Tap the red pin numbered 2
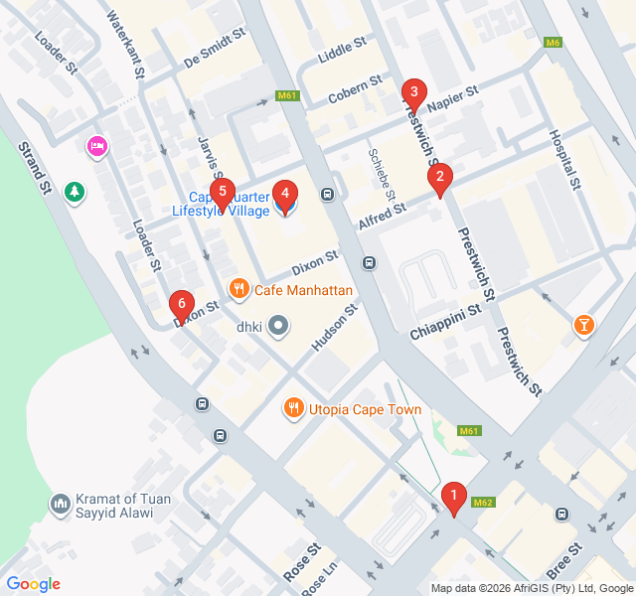point(438,179)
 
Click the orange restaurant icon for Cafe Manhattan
point(238,290)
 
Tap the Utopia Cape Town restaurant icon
point(293,408)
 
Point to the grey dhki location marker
point(278,326)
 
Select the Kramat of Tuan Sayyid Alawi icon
point(61,506)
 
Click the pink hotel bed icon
point(97,147)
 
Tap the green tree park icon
point(75,190)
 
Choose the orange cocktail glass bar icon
point(583,324)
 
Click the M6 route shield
point(554,42)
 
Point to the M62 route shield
point(484,502)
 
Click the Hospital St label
point(562,159)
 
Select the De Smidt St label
point(214,50)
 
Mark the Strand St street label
point(34,166)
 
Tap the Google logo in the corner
point(33,584)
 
